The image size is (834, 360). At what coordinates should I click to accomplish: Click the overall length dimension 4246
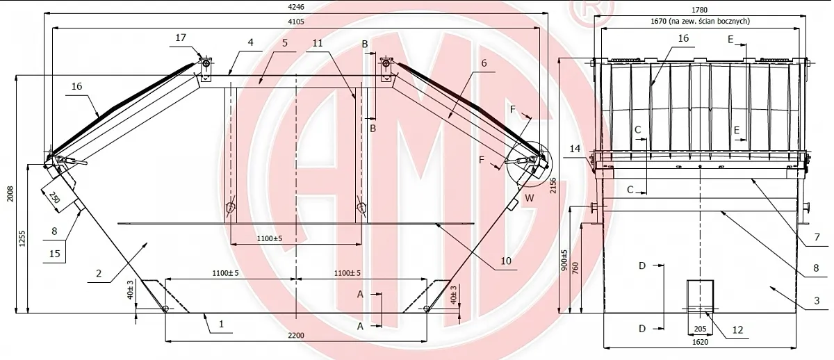[296, 7]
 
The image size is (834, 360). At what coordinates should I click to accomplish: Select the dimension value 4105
[296, 22]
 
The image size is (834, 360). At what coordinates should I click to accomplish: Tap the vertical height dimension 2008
[10, 194]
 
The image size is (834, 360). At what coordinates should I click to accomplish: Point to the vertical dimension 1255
[22, 238]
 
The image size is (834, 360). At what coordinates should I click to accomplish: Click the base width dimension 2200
[296, 336]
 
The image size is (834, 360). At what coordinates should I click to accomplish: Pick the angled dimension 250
[54, 197]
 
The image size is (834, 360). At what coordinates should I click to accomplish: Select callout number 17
[181, 38]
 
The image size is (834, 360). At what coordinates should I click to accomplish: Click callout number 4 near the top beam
[251, 42]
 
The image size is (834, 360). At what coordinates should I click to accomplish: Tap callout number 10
[506, 261]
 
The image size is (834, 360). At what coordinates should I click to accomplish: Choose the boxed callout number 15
[54, 254]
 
